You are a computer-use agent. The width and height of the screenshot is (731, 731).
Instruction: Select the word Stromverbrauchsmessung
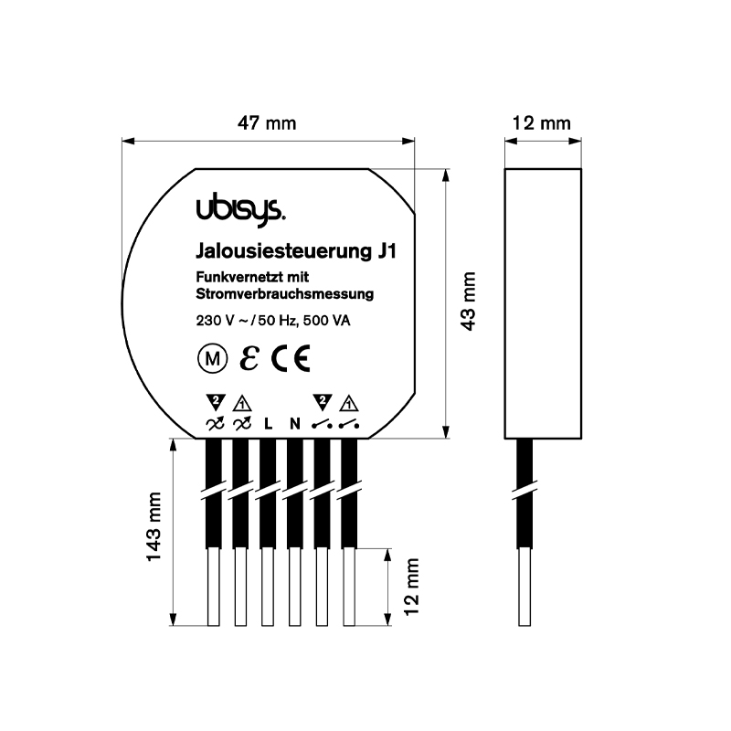(284, 294)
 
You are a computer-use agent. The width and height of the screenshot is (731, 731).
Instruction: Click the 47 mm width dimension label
(267, 123)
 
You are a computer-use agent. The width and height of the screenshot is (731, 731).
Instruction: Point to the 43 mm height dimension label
(468, 302)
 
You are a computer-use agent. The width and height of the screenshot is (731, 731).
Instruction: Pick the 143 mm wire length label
(154, 526)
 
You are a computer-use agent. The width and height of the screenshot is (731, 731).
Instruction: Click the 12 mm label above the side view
(541, 123)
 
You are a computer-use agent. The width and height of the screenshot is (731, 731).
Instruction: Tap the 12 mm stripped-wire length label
(412, 587)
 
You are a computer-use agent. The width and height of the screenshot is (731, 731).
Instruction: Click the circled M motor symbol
(213, 359)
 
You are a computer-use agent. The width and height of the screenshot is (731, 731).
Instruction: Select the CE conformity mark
(291, 358)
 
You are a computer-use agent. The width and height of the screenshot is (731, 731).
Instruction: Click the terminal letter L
(268, 424)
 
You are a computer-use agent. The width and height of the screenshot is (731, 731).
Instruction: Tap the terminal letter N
(294, 424)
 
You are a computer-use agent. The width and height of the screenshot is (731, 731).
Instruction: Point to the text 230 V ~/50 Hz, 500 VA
(273, 321)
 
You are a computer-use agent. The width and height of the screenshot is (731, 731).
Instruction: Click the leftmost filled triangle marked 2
(216, 402)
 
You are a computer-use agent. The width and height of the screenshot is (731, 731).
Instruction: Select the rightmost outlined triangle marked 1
(349, 403)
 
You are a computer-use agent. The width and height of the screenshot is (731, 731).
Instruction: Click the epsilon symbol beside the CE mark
(249, 358)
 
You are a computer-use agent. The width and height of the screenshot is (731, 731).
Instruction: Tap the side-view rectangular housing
(543, 303)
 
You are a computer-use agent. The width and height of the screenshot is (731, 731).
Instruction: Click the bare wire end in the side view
(524, 587)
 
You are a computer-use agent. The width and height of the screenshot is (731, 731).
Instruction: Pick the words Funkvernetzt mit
(252, 278)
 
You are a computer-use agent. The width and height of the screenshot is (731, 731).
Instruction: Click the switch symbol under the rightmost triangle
(349, 424)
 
